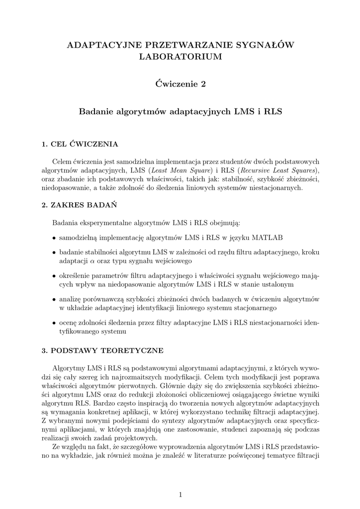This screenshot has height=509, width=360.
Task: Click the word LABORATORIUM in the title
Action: point(180,57)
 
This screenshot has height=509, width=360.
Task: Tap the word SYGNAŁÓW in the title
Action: point(268,45)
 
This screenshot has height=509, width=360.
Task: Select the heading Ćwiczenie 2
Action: point(180,84)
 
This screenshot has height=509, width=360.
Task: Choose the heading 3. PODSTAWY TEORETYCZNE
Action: point(102,350)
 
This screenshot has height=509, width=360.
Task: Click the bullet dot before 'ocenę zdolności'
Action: point(54,323)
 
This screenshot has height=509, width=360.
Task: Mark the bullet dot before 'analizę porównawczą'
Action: point(54,299)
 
